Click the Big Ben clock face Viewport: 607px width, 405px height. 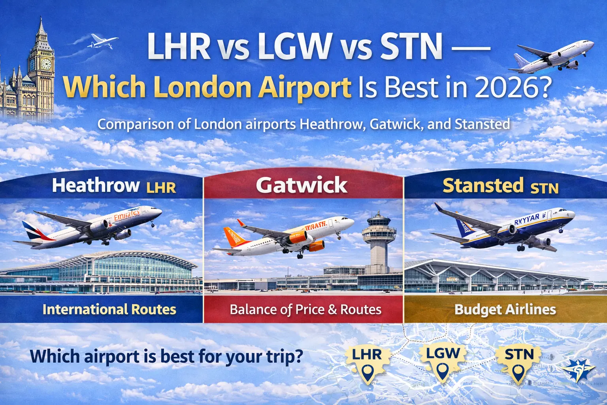pyautogui.click(x=46, y=64)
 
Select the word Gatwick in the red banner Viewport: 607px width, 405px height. pyautogui.click(x=302, y=185)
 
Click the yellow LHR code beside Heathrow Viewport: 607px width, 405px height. pyautogui.click(x=161, y=187)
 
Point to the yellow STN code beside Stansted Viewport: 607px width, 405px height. pyautogui.click(x=544, y=188)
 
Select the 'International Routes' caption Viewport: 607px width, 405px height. pyautogui.click(x=109, y=309)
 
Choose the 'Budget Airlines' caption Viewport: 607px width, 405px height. pyautogui.click(x=505, y=309)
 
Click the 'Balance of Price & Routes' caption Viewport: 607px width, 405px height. pyautogui.click(x=305, y=309)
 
